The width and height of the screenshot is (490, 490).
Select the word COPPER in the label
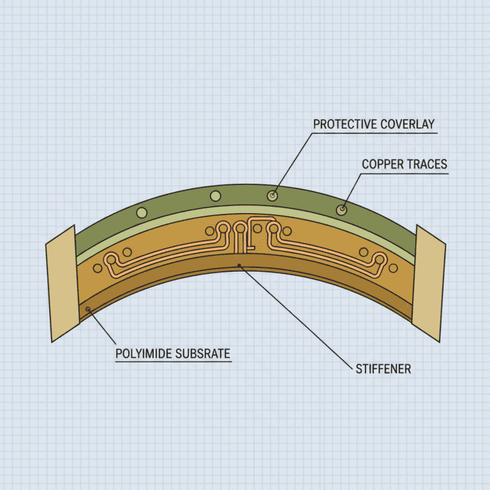coord(382,164)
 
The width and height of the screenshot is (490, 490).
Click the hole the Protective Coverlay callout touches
coord(273,195)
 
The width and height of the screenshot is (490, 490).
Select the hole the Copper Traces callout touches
coord(343,208)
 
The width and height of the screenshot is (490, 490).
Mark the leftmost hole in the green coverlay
coord(142,212)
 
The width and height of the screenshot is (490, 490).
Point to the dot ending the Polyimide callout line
coord(88,309)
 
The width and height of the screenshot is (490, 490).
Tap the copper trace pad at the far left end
coord(111,260)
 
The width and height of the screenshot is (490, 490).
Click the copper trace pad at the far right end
coord(380,258)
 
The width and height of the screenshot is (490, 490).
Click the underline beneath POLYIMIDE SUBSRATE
coord(172,362)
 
